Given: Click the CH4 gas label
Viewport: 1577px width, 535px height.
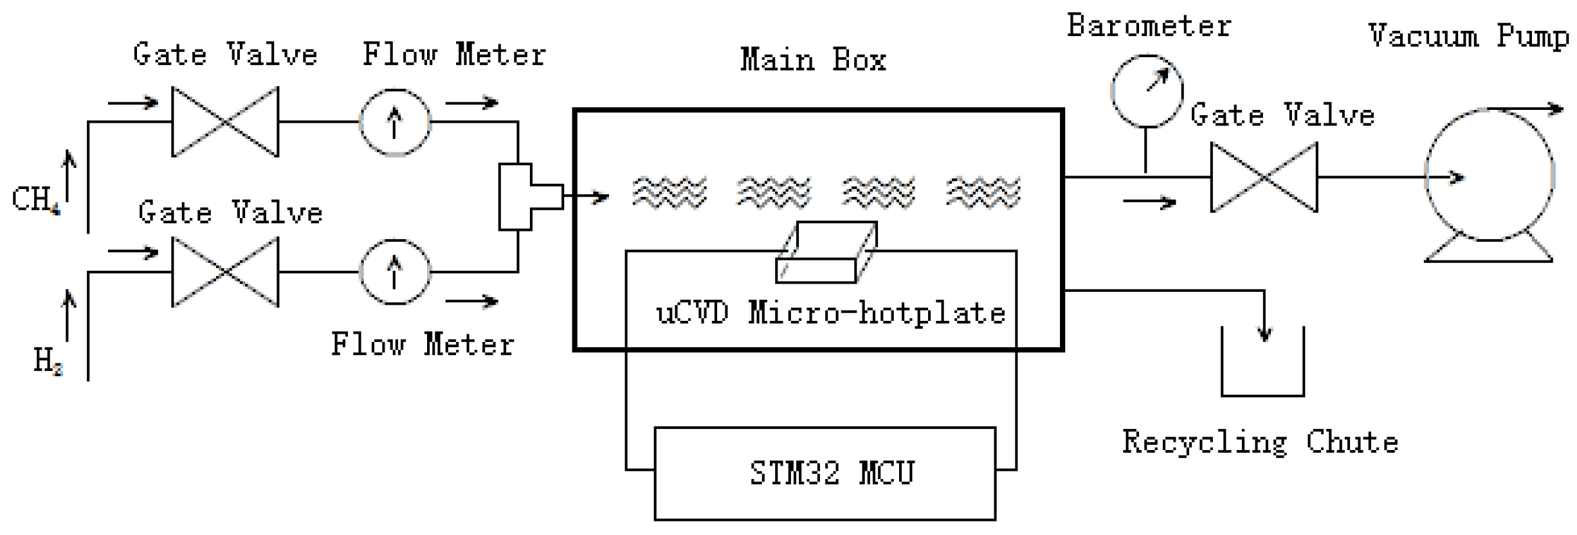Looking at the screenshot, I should (35, 199).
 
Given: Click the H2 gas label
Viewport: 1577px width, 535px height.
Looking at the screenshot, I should (48, 361).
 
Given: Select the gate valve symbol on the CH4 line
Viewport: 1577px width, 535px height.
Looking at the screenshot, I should (225, 122).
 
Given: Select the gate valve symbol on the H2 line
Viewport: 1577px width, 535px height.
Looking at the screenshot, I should (225, 272).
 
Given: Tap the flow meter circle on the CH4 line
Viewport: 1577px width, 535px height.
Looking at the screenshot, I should (395, 122).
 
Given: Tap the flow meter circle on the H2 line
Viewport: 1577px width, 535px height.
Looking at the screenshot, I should (395, 272).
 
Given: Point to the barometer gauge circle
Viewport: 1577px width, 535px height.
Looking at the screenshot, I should (1147, 91).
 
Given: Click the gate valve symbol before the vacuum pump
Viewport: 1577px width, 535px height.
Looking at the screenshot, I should (1264, 177).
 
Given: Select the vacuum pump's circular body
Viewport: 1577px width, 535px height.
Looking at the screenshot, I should (1490, 175).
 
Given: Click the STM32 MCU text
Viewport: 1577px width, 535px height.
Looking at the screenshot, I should (831, 473).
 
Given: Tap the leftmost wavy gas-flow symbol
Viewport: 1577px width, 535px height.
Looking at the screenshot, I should (669, 192).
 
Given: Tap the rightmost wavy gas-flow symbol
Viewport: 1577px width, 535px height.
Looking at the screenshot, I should (983, 192).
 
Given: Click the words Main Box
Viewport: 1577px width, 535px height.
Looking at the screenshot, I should (813, 60).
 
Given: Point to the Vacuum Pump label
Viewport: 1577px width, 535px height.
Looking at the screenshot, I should (1468, 36).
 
